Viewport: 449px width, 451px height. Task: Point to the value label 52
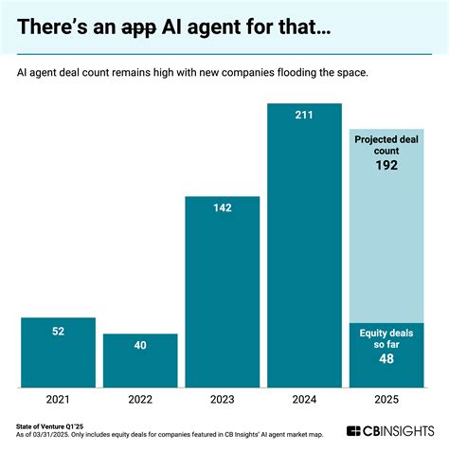pos(58,331)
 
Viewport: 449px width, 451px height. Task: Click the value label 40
pos(140,346)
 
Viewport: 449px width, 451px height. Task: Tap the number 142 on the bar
pos(222,209)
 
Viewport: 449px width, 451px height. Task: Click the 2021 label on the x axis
pos(58,401)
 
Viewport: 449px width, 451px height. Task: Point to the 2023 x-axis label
pos(222,401)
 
